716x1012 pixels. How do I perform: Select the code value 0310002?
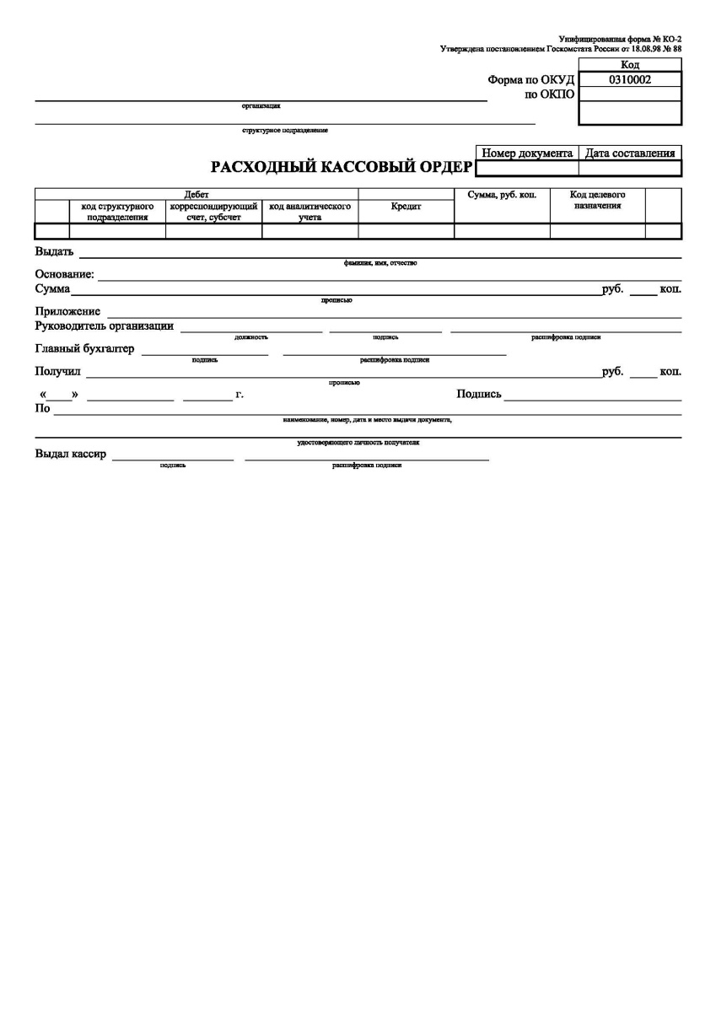pos(629,80)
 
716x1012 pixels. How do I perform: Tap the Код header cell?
pos(629,65)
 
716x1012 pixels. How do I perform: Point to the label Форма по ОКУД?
pos(530,80)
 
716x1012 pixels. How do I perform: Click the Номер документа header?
pos(527,153)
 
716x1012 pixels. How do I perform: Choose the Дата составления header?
pos(630,153)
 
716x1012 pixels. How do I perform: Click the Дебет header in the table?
pos(196,195)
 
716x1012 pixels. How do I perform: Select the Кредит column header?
pos(406,207)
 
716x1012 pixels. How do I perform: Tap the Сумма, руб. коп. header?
pos(502,195)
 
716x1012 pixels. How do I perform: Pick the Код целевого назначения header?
pos(597,200)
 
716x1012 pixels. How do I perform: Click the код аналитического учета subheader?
pos(310,211)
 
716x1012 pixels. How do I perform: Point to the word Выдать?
pos(54,251)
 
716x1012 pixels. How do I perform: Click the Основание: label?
pos(65,275)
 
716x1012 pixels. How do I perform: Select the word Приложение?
pos(67,312)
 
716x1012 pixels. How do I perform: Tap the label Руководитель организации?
pos(105,326)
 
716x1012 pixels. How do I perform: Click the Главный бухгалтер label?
pos(84,349)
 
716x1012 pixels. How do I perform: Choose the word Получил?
pos(57,372)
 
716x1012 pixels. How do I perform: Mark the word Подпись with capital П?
pos(479,394)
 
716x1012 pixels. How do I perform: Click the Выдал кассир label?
pos(71,455)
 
